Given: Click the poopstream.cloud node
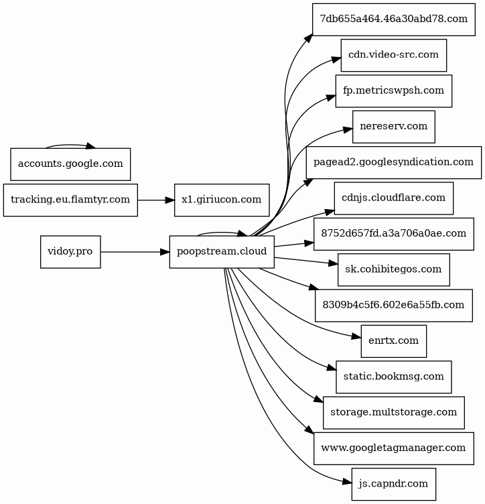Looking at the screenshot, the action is [222, 252].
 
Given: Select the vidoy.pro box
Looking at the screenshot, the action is [70, 252].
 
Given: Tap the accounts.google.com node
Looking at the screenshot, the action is [70, 164].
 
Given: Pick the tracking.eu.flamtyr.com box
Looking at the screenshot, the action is [70, 200].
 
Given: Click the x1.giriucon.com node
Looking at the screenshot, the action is [222, 200].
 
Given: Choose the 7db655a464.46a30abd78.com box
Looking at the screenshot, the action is [393, 19].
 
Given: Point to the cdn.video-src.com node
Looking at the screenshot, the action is [393, 55].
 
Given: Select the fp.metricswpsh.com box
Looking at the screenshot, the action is [393, 91].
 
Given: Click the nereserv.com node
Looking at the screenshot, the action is [393, 127].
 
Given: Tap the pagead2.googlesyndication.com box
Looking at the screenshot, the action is [393, 162].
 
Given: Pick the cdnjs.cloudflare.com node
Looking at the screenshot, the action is [393, 198].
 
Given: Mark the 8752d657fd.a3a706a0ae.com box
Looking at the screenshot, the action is [393, 234].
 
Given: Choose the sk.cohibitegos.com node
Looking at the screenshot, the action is [393, 269].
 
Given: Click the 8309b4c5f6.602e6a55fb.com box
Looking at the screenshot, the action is [393, 306].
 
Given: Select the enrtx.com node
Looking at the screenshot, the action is [393, 341].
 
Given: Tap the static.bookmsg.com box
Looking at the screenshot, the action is [393, 377].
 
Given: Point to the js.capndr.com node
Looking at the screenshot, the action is [393, 484].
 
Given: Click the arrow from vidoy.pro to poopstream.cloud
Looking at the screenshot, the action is [135, 252].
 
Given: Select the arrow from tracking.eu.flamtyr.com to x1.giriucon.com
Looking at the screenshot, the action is [156, 200].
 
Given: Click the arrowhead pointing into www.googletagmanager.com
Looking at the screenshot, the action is [308, 431].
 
